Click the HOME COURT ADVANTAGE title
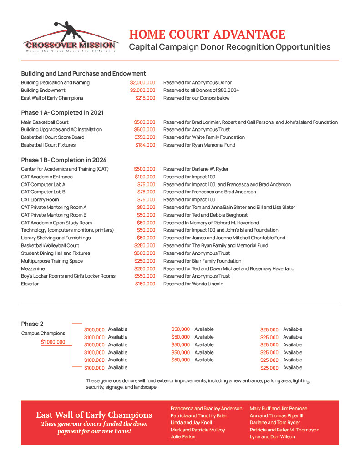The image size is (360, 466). point(207,35)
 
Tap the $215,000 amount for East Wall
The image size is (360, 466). point(145,98)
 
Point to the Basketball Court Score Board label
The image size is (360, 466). point(52,137)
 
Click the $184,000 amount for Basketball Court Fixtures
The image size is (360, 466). point(145,145)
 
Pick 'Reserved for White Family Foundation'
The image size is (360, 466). point(204,137)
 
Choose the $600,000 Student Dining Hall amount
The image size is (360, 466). point(145,253)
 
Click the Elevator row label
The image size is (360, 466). point(30,284)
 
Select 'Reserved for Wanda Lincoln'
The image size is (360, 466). point(193,284)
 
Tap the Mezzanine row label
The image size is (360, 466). point(33,268)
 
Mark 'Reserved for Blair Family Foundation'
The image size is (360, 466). point(203,261)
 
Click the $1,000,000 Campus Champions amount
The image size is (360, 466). point(53,342)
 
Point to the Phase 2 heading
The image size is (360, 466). point(32,324)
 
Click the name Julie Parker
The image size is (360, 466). point(183,436)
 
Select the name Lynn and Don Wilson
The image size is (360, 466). point(272,436)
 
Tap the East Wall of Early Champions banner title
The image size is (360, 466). point(94,415)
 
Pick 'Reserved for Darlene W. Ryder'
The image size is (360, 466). point(196,169)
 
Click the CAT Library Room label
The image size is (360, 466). point(40,199)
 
